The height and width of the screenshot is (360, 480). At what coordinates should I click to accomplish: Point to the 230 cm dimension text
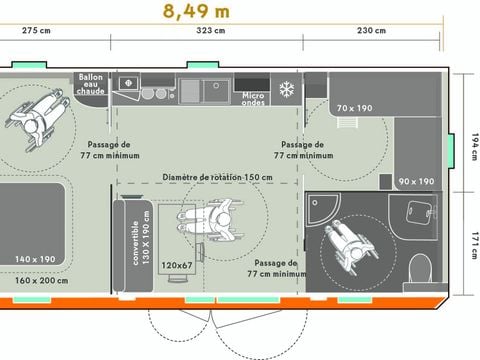pos(371,31)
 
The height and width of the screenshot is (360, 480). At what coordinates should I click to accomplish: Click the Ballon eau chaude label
pos(91,85)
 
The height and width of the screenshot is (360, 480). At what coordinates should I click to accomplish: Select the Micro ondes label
pos(254,98)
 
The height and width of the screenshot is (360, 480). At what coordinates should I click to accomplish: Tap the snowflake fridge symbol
pos(285,88)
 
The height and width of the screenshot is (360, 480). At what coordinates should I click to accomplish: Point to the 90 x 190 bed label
pos(415,181)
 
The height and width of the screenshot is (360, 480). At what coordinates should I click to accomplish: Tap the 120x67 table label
pos(176,266)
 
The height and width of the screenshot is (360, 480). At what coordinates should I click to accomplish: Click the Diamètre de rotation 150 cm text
pos(216,177)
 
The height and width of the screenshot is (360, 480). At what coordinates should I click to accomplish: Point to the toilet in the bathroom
pos(421,267)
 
